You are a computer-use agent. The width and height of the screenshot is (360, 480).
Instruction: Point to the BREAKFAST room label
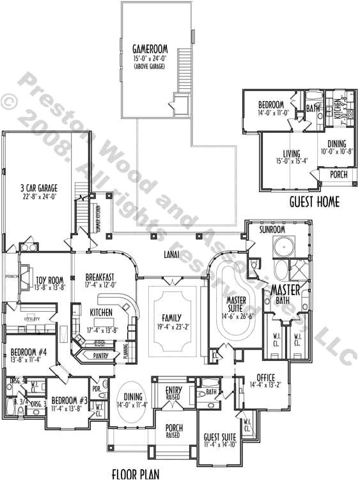(x=100, y=277)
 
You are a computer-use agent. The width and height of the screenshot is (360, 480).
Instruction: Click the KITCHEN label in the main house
(x=101, y=312)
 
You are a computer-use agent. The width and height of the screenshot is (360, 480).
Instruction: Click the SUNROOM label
(x=272, y=229)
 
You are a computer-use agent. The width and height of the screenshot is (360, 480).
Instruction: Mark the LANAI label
(x=179, y=255)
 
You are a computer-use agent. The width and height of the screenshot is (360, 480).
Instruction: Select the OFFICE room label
(x=266, y=377)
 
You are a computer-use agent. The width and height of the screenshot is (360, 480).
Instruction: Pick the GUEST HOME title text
(x=314, y=204)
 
